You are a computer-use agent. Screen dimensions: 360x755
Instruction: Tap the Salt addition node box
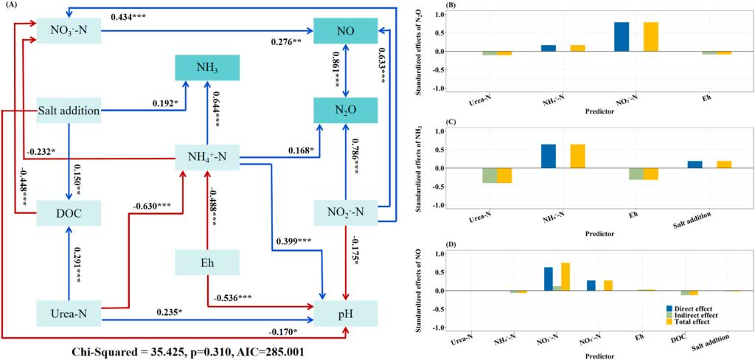coord(69,111)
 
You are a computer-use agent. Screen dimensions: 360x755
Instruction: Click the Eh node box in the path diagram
coord(207,263)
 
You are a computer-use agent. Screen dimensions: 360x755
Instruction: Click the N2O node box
coord(347,111)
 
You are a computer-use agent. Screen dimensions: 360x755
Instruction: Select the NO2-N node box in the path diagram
coord(347,212)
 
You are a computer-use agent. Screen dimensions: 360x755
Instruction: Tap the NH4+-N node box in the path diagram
coord(207,156)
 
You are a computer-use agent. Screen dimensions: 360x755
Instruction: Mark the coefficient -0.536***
coord(237,297)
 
